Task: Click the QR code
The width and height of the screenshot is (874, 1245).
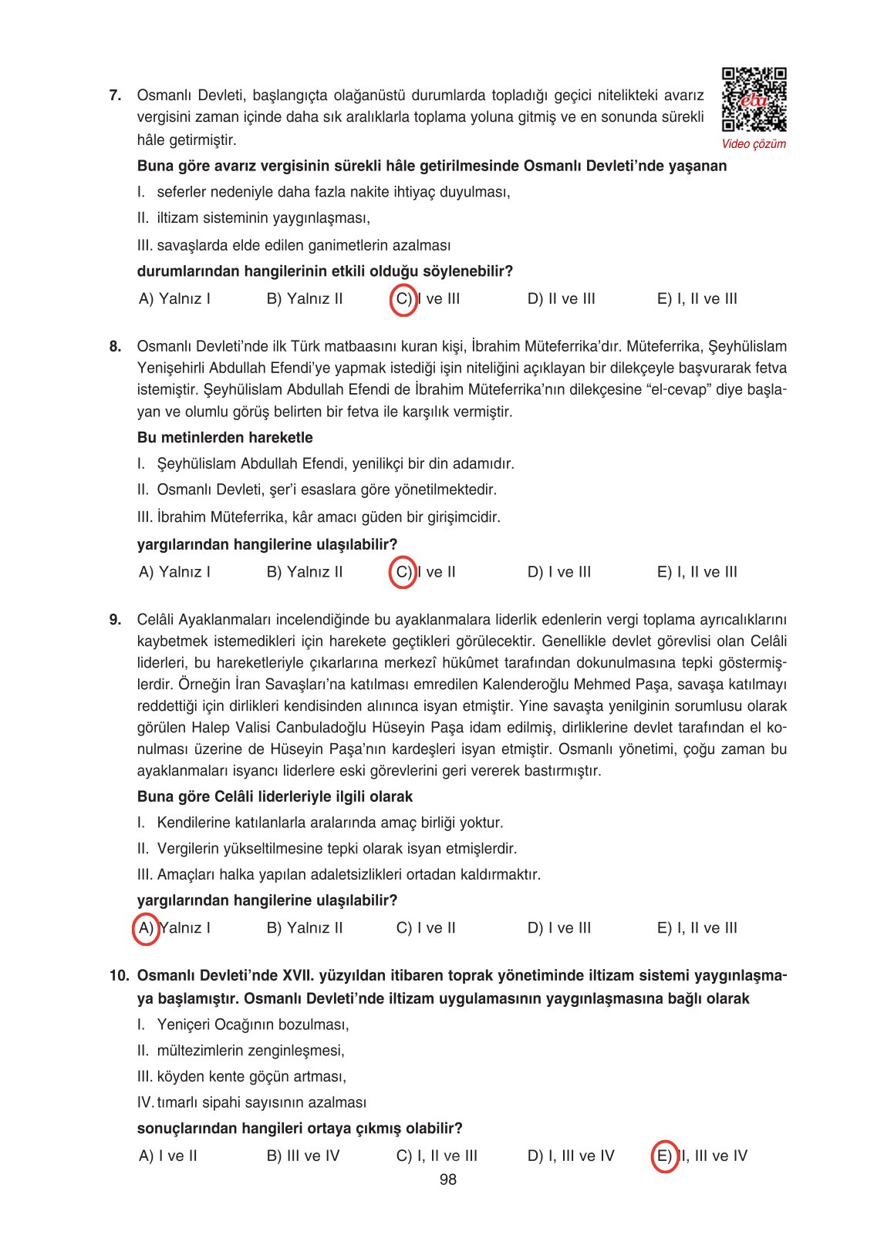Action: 754,100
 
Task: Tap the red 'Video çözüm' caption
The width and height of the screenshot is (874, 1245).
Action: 754,144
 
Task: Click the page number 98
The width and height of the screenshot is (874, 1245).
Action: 447,1179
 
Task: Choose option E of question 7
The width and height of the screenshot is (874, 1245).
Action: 697,299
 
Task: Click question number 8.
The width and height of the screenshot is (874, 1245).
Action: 115,347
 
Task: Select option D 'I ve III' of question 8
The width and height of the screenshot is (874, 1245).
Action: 558,572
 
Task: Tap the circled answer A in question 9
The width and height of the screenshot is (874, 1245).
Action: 146,928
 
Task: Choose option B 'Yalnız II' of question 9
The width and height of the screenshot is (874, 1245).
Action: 304,928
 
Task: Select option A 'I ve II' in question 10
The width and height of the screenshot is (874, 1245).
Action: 167,1156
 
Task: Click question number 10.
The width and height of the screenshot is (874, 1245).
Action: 119,976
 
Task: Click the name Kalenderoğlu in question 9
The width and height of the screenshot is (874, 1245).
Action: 527,685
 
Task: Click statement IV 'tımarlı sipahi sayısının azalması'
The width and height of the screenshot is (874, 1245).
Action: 251,1103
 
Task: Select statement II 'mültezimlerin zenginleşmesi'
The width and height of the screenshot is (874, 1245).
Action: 241,1051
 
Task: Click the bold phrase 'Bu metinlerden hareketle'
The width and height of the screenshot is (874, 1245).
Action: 224,438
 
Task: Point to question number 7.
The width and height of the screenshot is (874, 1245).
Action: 115,96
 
